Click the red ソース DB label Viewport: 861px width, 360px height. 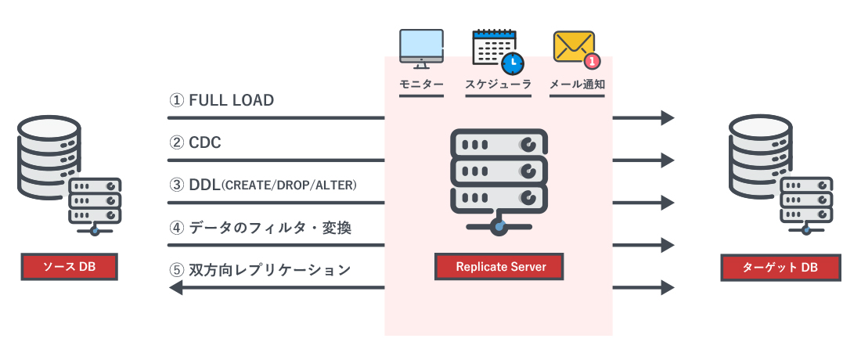click(68, 268)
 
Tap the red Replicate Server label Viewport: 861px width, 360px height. click(501, 267)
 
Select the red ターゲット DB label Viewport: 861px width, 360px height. click(780, 268)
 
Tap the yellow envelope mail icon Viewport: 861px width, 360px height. click(574, 47)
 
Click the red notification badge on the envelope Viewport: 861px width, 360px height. click(593, 59)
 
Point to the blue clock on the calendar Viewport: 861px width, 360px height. click(513, 63)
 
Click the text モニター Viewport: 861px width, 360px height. click(421, 85)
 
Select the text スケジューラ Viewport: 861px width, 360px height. click(498, 85)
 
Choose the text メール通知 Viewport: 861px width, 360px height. click(578, 85)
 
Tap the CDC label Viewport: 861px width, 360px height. click(206, 142)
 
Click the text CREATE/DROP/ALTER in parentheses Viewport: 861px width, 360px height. click(290, 185)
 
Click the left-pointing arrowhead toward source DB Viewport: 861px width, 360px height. click(176, 287)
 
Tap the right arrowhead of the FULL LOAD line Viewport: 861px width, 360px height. click(667, 118)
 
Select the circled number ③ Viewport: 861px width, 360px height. click(176, 185)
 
